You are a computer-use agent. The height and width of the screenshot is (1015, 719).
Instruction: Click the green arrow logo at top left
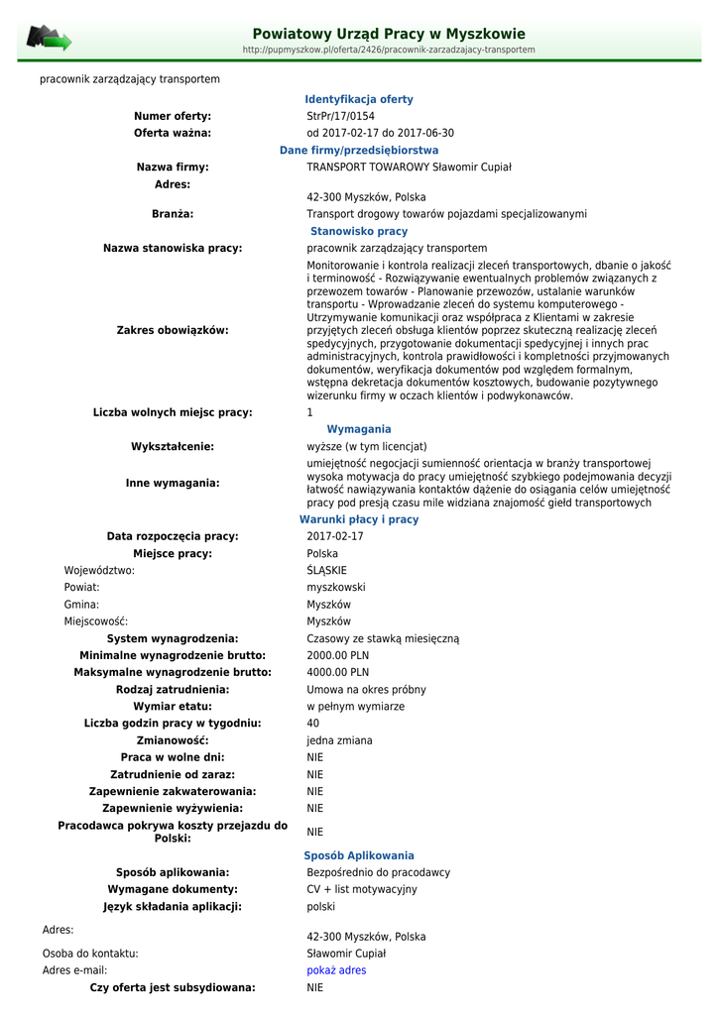coord(49,39)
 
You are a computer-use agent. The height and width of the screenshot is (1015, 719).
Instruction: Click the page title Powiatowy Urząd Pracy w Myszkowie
coord(389,34)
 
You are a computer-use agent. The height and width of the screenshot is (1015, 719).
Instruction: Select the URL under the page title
coord(389,50)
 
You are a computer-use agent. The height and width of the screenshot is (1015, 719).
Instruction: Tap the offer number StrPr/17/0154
coord(340,116)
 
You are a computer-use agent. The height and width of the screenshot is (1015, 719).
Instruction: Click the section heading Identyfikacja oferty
coord(359,99)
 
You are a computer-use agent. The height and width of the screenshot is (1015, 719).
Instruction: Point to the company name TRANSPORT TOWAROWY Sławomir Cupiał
coord(409,167)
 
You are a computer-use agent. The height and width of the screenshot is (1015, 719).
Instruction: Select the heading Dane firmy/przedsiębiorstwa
coord(359,150)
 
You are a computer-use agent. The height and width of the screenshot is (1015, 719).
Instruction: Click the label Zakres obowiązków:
coord(173,330)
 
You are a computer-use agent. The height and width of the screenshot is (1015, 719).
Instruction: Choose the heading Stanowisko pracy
coord(359,231)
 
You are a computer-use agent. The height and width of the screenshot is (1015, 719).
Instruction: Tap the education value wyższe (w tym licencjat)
coord(367,446)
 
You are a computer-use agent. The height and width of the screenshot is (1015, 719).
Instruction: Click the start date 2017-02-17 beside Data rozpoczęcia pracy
coord(335,536)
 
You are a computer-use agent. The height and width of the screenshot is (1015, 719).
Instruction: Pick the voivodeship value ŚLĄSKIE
coord(327,570)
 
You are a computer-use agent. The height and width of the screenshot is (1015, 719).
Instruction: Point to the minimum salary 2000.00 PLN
coord(337,655)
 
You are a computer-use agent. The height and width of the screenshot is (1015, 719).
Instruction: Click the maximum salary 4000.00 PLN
coord(337,672)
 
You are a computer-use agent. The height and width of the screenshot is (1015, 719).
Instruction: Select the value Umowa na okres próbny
coord(367,689)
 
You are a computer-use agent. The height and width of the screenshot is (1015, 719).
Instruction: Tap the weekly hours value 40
coord(313,723)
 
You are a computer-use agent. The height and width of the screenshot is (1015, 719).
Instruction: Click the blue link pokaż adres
coord(336,970)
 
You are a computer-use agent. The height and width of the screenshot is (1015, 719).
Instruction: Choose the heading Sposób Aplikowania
coord(359,855)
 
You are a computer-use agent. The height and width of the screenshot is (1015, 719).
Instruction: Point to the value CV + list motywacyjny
coord(362,889)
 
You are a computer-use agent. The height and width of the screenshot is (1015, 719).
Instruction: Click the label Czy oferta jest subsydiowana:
coord(173,987)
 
